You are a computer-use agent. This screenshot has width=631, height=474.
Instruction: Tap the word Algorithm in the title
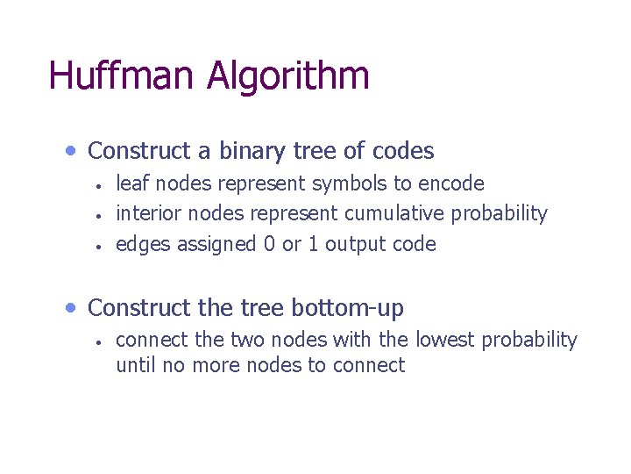click(x=287, y=77)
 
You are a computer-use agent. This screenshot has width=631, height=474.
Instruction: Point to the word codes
click(x=402, y=151)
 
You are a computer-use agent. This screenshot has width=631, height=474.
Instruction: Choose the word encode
click(x=451, y=183)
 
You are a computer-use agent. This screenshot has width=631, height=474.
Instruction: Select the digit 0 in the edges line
click(x=269, y=244)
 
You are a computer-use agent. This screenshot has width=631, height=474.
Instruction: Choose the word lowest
click(x=444, y=340)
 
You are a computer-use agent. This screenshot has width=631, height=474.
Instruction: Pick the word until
click(x=136, y=365)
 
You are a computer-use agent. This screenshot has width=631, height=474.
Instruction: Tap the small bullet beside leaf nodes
click(x=101, y=185)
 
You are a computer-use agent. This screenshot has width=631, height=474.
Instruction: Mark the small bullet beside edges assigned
click(x=101, y=246)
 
